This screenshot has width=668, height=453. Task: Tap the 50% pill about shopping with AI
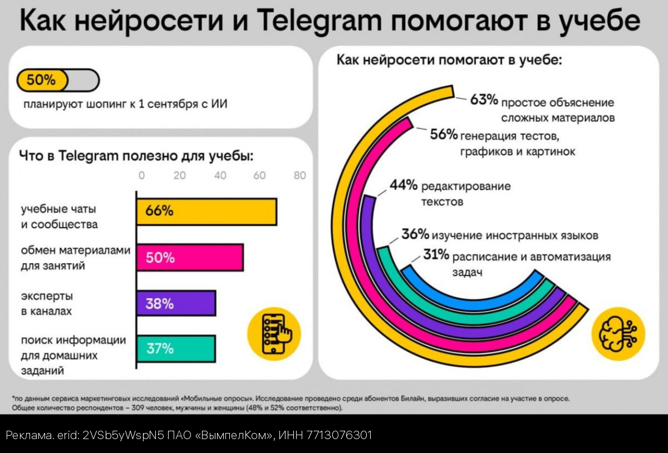click(42, 80)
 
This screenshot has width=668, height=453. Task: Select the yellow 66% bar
click(207, 211)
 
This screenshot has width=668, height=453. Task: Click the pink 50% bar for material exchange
click(190, 258)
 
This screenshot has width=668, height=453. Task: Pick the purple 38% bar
click(176, 303)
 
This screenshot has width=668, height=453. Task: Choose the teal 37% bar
click(176, 349)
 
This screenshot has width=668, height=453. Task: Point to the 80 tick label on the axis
click(299, 175)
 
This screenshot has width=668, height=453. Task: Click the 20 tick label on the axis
click(179, 175)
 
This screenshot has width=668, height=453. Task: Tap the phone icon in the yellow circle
click(274, 334)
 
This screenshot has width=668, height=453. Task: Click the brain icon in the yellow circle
click(618, 334)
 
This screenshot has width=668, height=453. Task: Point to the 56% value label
click(444, 134)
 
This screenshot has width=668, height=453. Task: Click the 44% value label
click(404, 185)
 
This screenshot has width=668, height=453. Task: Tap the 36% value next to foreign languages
click(416, 234)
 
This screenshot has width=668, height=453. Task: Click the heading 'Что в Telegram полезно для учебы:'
click(136, 155)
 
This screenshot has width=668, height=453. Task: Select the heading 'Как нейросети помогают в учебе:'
click(449, 60)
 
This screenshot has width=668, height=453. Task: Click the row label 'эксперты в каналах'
click(47, 303)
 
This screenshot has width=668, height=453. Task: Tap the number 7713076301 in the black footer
click(337, 435)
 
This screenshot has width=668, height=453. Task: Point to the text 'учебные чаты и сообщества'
click(59, 216)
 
